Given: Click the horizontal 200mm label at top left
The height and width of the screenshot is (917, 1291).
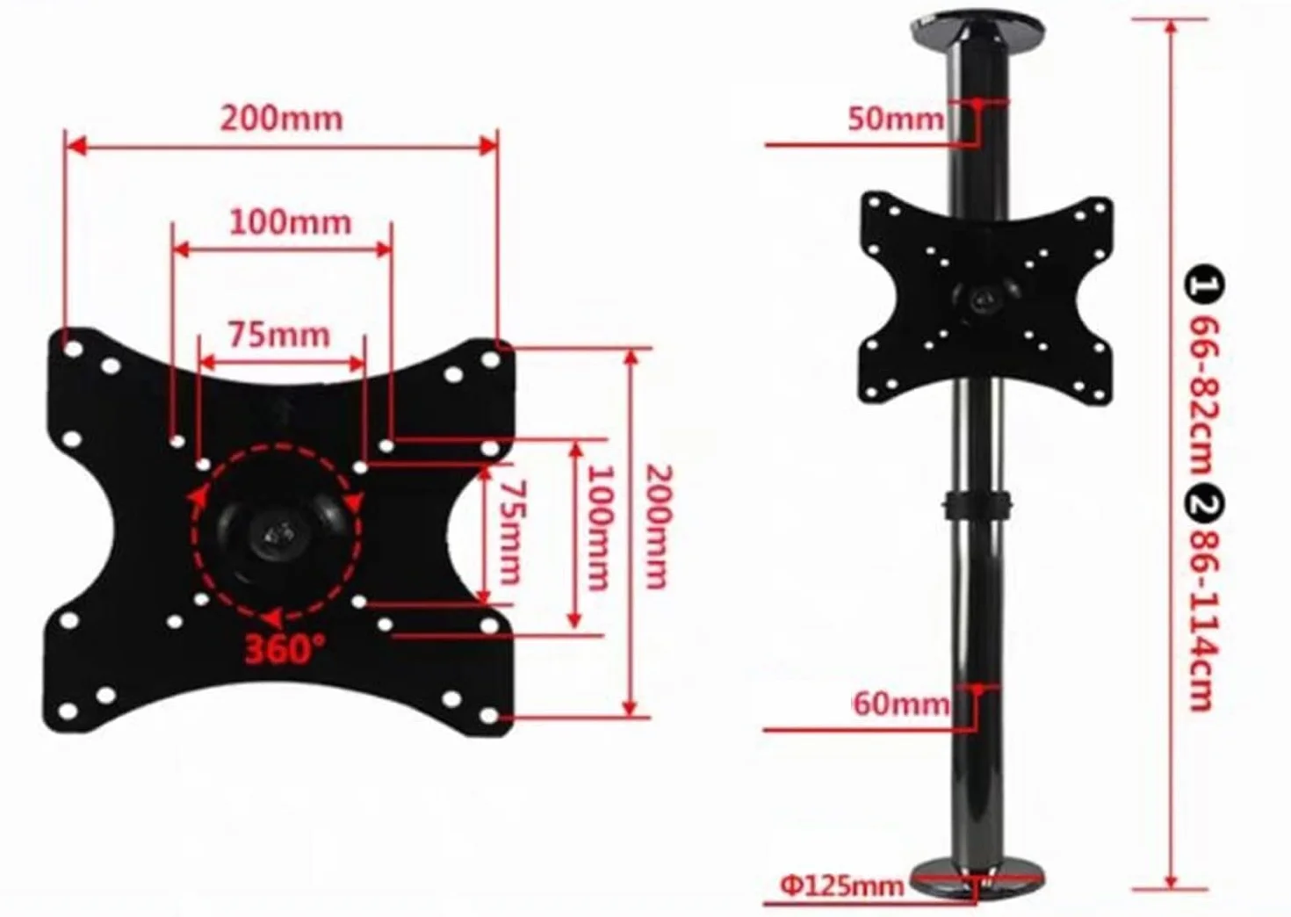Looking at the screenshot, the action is [282, 119].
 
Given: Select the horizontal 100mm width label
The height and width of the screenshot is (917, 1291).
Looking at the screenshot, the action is [291, 222].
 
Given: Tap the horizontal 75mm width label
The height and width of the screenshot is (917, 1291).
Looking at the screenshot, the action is [279, 335].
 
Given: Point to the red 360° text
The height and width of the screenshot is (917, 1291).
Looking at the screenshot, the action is [285, 649].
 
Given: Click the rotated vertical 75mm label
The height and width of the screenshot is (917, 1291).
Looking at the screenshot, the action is [509, 532].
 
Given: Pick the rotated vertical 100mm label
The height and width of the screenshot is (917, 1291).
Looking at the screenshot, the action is [599, 529].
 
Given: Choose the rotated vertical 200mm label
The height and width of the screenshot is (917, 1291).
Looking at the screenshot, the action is [659, 527].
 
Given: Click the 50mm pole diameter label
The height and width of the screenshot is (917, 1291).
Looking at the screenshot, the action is [896, 119].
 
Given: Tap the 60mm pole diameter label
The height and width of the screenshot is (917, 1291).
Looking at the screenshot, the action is [901, 704].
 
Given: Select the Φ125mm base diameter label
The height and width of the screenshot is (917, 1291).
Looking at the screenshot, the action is [842, 885].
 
